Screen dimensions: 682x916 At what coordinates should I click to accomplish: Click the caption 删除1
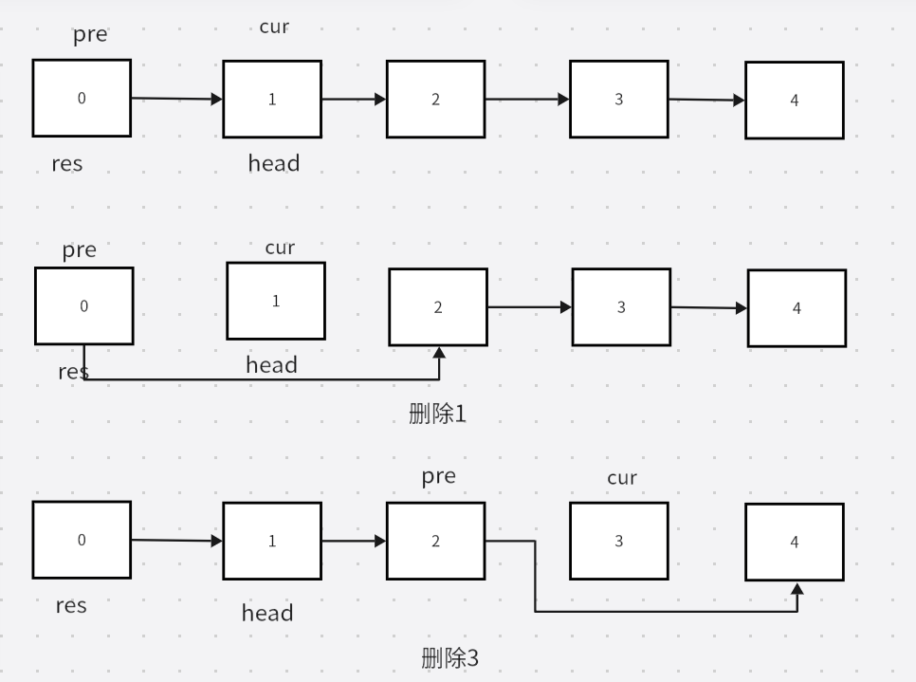tap(437, 414)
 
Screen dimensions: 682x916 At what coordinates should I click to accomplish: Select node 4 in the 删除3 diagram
tap(794, 542)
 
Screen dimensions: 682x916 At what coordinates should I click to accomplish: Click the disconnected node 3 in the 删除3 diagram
tap(618, 541)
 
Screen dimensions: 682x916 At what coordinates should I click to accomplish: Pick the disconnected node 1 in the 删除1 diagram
tap(275, 301)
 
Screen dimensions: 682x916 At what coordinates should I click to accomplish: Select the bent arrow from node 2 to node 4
tap(664, 611)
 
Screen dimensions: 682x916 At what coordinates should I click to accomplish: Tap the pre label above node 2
tap(438, 476)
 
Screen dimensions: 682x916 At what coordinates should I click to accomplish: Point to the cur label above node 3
tap(621, 478)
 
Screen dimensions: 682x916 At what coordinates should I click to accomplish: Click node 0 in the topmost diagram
tap(82, 98)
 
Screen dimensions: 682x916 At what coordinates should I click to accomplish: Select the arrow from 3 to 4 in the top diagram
tap(705, 100)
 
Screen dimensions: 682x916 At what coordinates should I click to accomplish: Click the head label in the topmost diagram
tap(273, 163)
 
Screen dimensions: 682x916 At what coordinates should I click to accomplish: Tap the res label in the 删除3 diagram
tap(71, 605)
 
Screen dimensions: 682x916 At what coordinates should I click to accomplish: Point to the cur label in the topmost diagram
tap(274, 27)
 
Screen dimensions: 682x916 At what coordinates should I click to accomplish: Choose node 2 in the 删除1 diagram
tap(437, 306)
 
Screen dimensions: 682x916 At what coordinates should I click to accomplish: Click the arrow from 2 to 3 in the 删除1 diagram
tap(529, 307)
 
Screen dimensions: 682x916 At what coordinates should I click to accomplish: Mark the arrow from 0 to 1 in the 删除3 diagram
tap(176, 541)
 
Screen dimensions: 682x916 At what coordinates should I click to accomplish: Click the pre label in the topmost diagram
tap(90, 36)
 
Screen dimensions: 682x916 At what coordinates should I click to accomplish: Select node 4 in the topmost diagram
tap(794, 101)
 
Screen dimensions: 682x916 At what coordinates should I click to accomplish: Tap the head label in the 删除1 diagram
tap(271, 364)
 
